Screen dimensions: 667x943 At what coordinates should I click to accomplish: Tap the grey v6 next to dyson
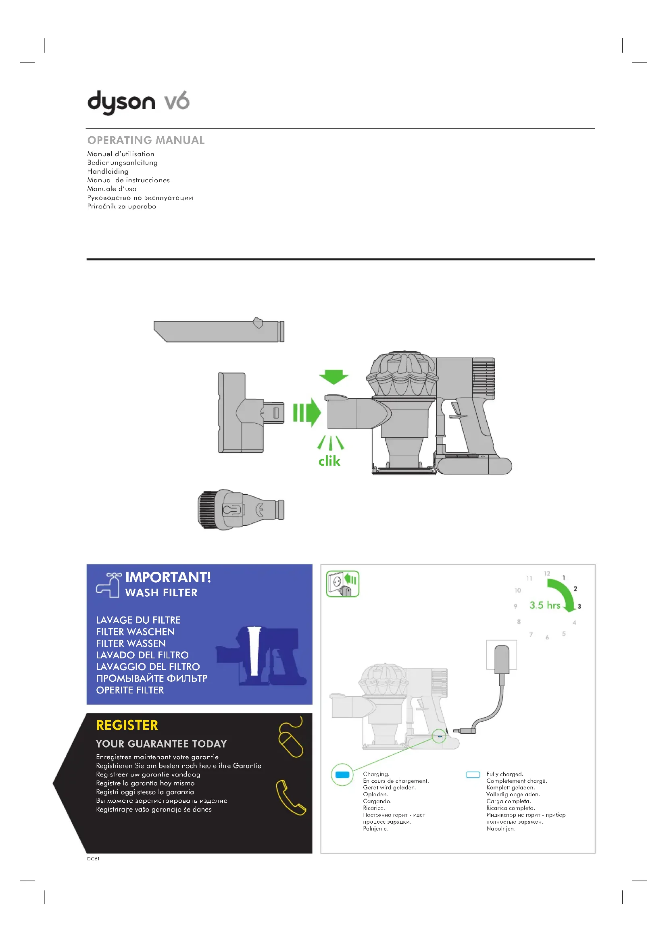177,101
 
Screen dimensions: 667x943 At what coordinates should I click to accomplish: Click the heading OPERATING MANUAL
146,140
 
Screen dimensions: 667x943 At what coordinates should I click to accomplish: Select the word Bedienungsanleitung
123,162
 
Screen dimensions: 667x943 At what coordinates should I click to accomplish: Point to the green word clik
329,461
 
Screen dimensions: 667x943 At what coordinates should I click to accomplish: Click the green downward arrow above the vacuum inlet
333,377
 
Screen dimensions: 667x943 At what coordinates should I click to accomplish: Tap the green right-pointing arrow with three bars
307,412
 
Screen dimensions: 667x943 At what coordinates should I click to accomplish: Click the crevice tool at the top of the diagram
219,331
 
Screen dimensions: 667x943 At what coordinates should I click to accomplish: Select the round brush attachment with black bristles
241,509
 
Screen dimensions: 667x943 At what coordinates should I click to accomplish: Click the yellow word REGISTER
127,725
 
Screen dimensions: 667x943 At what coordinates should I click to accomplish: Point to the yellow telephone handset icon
291,797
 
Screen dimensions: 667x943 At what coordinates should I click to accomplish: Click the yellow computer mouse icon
291,740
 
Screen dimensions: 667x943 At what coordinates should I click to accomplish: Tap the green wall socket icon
342,584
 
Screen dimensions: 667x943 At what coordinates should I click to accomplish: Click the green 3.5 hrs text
544,606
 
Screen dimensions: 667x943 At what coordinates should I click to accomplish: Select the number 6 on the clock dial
547,637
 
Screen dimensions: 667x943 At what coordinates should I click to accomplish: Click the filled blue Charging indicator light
342,774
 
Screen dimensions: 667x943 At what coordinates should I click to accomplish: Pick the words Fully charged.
505,774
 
